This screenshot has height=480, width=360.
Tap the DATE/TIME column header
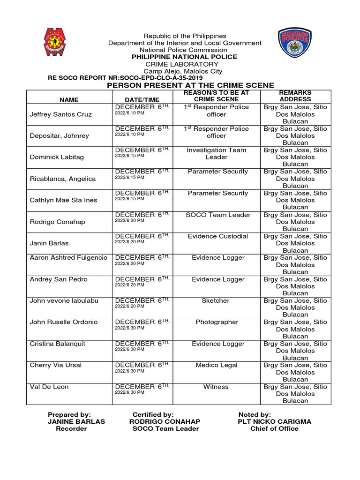click(142, 99)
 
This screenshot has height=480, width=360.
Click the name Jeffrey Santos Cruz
click(61, 114)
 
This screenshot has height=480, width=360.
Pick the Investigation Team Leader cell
click(216, 154)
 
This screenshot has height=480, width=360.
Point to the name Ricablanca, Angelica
click(63, 179)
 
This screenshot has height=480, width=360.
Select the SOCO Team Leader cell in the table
click(218, 215)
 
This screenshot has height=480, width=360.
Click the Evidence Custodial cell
click(218, 236)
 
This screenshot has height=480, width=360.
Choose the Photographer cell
click(218, 322)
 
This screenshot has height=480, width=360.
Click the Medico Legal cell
click(218, 365)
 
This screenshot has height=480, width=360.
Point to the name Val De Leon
click(49, 387)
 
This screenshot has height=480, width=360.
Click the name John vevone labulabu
click(64, 300)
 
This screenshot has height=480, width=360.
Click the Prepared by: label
click(69, 414)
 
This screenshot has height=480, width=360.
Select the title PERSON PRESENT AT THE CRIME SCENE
click(191, 85)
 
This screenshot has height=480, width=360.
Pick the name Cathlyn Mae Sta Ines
click(64, 200)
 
